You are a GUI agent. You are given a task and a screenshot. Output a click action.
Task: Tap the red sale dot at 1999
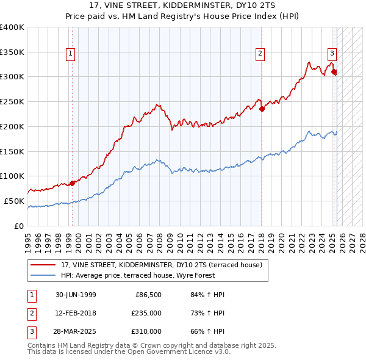coord(72,182)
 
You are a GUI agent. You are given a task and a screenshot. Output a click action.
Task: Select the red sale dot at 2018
coord(262,109)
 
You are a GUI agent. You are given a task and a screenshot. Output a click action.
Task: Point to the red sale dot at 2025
coord(334,72)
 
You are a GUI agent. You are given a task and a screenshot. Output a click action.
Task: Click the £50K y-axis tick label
coord(14,201)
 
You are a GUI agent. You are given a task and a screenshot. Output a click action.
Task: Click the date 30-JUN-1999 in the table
coord(76,295)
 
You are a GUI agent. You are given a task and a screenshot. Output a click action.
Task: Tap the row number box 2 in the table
coord(31,313)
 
